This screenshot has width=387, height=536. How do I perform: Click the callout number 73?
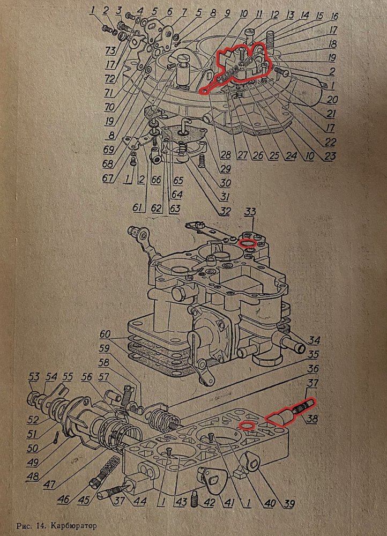pos(111,51)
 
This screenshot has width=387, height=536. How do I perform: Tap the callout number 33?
pos(249,213)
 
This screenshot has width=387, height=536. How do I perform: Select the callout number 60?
pos(106,335)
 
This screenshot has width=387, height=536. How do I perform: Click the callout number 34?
pos(315,340)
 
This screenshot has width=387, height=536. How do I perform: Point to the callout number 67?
pos(109,178)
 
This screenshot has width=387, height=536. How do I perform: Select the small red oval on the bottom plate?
pos(247,426)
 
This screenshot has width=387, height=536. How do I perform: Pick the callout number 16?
pos(335,17)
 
